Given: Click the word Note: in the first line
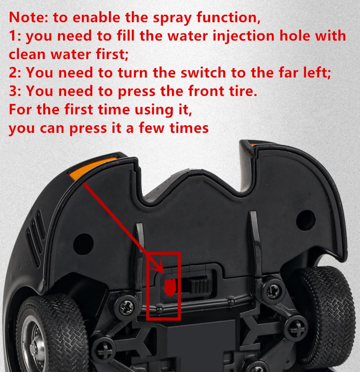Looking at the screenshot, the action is [28, 18].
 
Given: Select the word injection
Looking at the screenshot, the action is [243, 36].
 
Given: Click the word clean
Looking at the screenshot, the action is [27, 54].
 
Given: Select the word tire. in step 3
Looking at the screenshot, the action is [243, 91].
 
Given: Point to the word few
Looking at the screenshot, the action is [152, 128].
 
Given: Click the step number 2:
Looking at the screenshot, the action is [15, 73].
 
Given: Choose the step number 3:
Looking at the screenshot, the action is [15, 91].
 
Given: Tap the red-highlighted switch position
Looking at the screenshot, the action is [171, 287].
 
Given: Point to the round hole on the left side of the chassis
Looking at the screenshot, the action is [83, 244].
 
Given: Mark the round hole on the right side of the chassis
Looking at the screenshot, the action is [306, 220].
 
